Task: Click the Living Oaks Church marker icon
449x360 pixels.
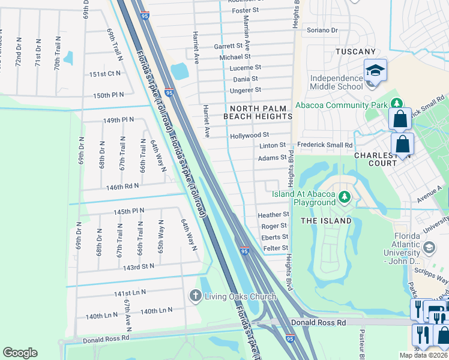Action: click(195, 296)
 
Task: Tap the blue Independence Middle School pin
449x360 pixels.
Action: click(375, 71)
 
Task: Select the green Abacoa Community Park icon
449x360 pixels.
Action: click(395, 104)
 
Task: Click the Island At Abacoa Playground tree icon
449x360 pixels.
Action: click(344, 196)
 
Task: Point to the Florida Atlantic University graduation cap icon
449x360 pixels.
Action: click(429, 247)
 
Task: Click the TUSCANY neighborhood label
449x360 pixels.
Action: click(355, 52)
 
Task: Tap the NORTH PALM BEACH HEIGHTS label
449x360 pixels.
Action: click(258, 111)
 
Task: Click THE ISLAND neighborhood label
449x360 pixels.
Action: click(325, 221)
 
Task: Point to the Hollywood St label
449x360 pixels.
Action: click(249, 136)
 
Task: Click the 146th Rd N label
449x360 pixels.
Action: click(122, 186)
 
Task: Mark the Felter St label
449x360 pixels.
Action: click(276, 248)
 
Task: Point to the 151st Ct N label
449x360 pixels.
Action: click(105, 73)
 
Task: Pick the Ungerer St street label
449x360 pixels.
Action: click(246, 90)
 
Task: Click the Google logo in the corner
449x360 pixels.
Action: click(20, 353)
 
